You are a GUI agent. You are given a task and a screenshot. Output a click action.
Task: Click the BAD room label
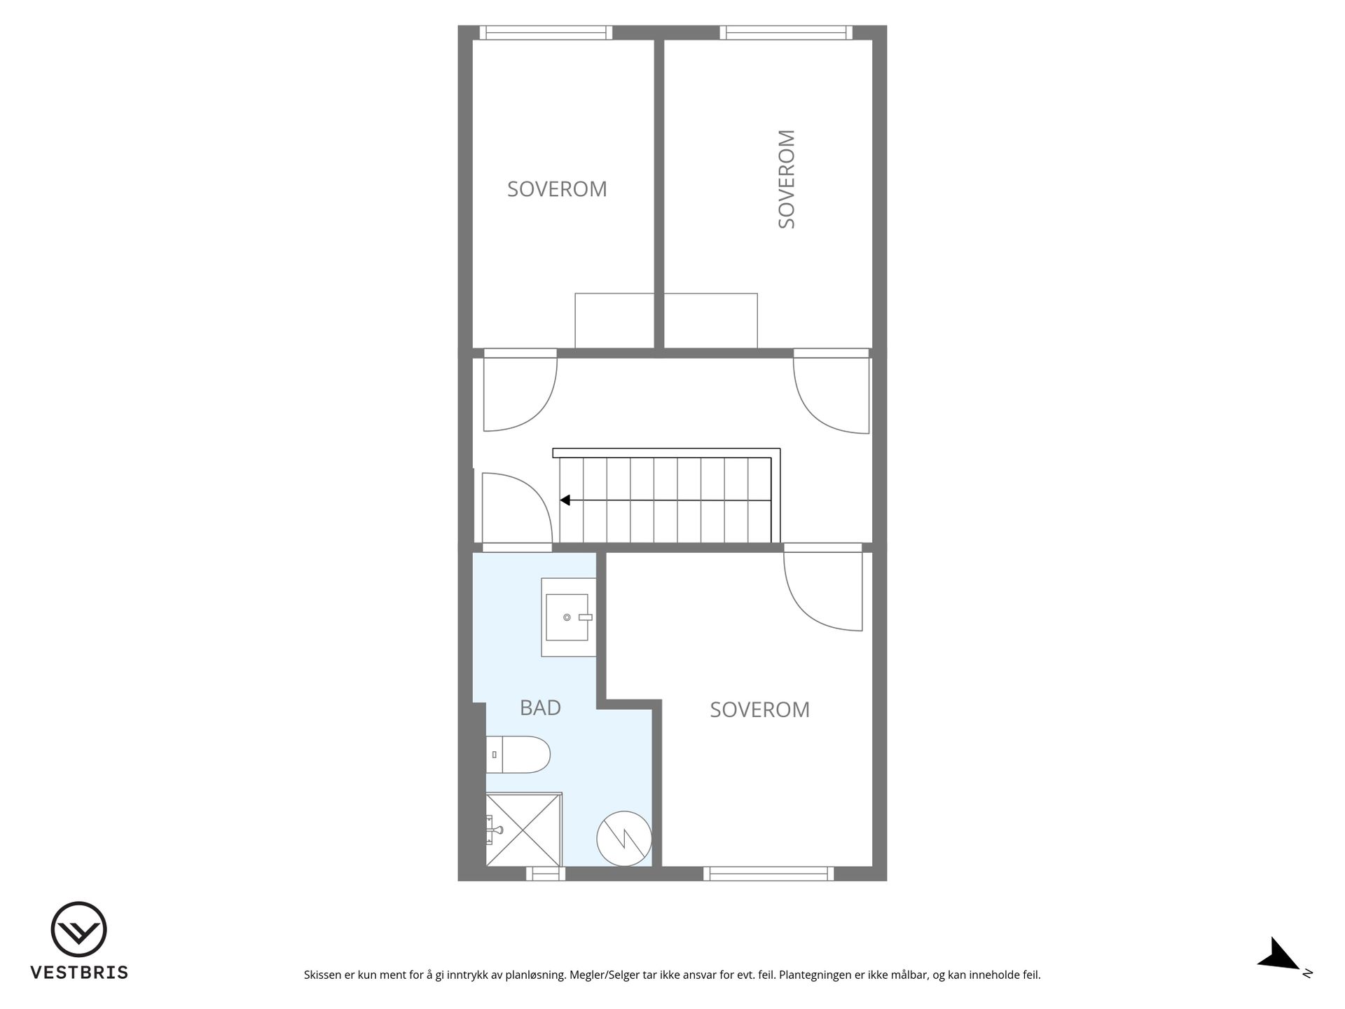coord(540,708)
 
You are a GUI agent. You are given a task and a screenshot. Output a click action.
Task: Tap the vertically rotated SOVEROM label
coord(787,179)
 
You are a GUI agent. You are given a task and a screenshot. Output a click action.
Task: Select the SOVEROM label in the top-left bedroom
coord(557,189)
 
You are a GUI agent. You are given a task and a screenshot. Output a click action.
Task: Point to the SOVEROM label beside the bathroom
coord(759,710)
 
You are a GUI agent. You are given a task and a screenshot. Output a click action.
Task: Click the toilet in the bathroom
coord(518,755)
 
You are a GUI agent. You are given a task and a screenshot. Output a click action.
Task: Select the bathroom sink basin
coord(567,617)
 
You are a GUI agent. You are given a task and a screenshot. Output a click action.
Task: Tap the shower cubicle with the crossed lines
coord(524,830)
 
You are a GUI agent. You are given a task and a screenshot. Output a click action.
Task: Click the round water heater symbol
coord(623,839)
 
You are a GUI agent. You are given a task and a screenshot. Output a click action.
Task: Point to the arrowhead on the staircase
coord(565,500)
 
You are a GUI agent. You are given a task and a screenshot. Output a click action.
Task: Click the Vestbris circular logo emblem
coord(78,929)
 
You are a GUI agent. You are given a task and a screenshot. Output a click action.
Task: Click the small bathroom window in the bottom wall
coord(546,874)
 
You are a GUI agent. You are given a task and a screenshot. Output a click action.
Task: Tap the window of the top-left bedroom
coord(546,33)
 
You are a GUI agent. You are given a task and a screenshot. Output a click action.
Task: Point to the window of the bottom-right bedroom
coord(768,874)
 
